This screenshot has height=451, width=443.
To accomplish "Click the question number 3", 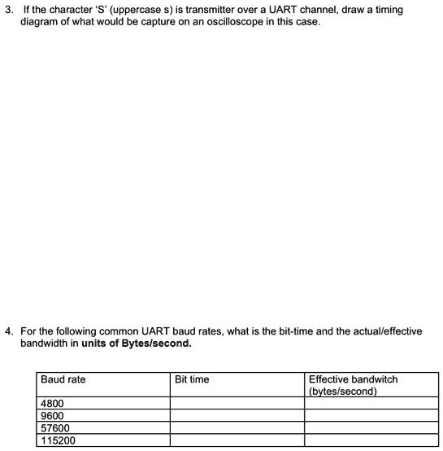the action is [8, 9].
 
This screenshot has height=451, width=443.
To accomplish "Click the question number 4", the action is [8, 332].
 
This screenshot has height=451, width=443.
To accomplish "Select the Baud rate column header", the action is [63, 379].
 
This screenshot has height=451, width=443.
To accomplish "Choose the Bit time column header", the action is [192, 379].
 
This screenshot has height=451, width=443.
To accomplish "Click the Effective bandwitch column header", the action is [354, 379].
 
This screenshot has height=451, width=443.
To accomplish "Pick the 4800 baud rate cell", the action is [52, 403].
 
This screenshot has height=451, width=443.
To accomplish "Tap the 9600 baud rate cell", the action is [52, 415].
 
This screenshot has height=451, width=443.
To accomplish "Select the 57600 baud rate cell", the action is [55, 428].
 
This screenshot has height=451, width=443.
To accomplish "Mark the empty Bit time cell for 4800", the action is [237, 403].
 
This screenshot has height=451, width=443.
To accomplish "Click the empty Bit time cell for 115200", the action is [237, 440].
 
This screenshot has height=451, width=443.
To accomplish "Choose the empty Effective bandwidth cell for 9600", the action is [370, 415].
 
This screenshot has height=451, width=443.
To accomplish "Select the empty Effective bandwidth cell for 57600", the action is [370, 428].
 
